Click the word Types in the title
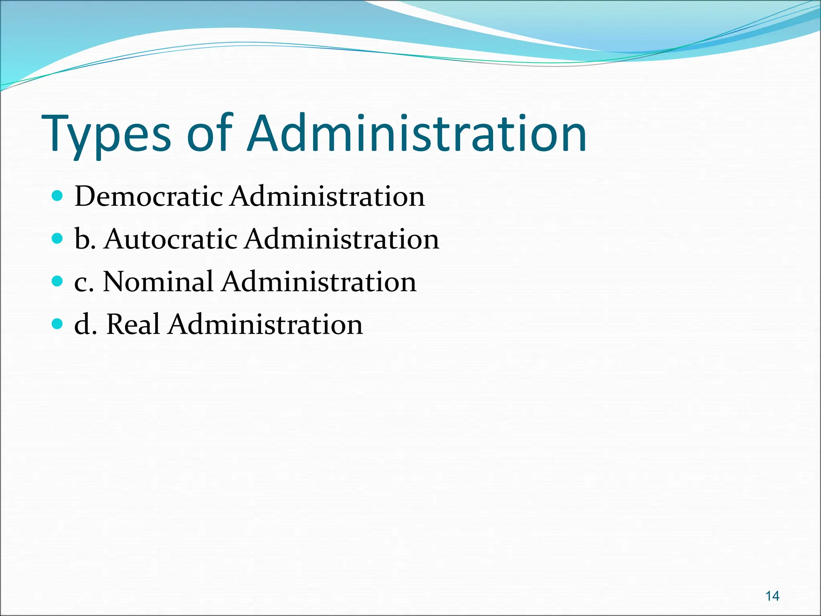[106, 134]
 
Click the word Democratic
[149, 197]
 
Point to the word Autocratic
[171, 239]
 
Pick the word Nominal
[158, 282]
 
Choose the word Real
[133, 324]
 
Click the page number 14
[772, 596]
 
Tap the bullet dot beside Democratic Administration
[58, 196]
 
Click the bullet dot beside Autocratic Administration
[58, 239]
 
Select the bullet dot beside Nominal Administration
[58, 281]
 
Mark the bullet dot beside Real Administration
[58, 324]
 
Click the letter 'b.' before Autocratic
[85, 239]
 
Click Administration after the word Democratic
[327, 197]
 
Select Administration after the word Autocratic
[342, 239]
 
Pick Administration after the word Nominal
[319, 282]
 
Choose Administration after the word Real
[265, 324]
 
